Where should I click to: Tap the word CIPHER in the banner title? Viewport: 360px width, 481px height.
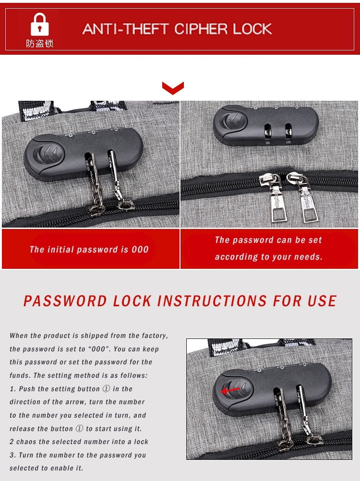pos(201,29)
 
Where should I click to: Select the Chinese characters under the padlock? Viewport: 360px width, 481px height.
pos(39,44)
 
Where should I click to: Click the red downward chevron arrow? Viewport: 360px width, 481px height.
pos(173,88)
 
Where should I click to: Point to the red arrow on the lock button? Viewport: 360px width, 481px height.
pos(230,390)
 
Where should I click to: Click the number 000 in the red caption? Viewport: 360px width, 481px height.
pos(140,250)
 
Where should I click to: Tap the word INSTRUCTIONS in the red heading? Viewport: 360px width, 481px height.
pos(212,301)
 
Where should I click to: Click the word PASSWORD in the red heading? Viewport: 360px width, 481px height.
pos(65,301)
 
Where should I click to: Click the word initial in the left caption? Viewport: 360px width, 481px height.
pos(60,250)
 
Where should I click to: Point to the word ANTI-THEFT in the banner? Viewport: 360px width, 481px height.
pos(125,29)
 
